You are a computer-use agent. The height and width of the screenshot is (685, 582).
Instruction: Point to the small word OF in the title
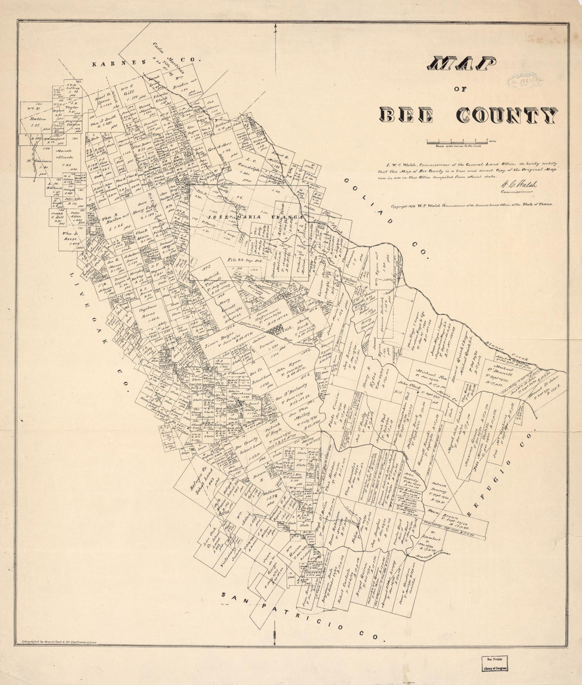coord(461,90)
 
